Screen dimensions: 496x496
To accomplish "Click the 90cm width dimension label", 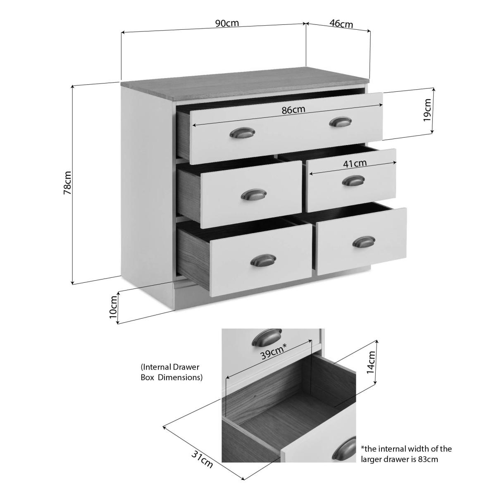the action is coord(227,23).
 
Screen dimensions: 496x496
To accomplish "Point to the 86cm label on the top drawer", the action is coord(293,110).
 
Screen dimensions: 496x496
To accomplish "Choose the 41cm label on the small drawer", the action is coord(355,163).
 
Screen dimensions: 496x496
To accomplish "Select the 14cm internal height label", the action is coord(371,362).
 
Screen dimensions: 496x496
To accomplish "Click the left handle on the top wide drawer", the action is coord(242,133).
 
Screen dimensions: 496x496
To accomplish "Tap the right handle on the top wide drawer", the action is coord(341,122).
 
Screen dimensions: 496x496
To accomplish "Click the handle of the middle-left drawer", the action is coord(254,195).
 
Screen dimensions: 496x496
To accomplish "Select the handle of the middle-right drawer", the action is coord(353,181).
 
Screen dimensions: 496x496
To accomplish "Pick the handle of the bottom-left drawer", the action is coord(263,260).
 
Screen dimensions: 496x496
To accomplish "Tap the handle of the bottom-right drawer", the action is coord(364,242).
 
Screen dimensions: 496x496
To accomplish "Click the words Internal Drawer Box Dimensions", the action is coord(172,372).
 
